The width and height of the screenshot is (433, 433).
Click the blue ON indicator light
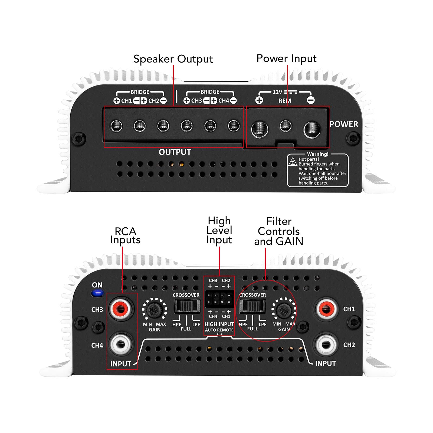97,293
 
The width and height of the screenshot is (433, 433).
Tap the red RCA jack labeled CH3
121,308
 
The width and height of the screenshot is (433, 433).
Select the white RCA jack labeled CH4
121,344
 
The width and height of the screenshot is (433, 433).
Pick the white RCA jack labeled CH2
326,344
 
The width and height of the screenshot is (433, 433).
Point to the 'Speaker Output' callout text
173,59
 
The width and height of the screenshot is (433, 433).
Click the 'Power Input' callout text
286,58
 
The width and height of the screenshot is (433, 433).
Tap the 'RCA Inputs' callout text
125,236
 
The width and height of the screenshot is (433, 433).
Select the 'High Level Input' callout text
219,230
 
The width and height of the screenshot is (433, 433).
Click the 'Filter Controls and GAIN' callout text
279,231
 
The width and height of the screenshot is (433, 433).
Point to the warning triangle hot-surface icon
293,162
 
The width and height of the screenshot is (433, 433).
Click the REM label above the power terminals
285,101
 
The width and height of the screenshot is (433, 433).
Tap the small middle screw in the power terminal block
286,126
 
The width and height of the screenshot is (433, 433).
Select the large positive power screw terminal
260,129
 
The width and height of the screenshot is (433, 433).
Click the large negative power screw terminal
312,129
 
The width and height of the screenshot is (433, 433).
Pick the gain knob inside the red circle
284,309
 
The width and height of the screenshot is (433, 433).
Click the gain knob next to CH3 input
155,309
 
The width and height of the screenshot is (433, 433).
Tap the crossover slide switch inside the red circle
252,306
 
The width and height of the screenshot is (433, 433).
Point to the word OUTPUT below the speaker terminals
175,152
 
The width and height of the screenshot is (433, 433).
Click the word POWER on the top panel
344,124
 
